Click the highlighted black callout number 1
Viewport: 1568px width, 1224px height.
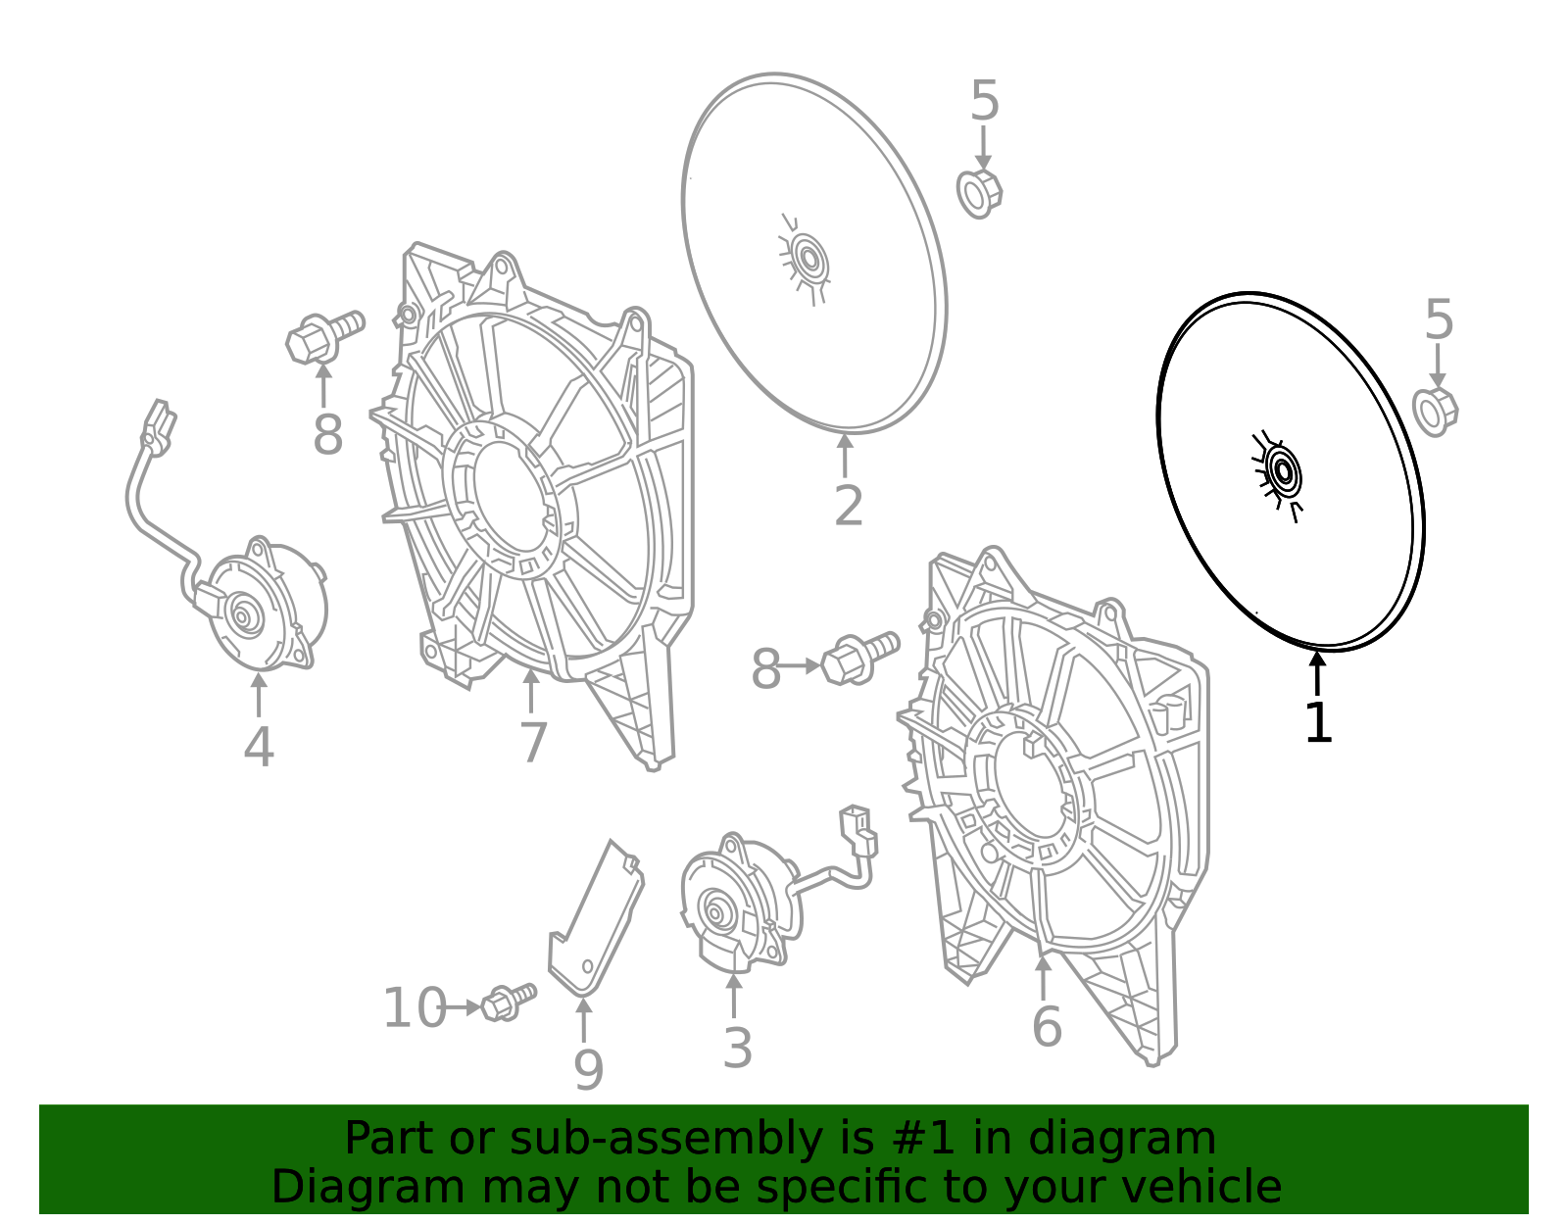point(1318,723)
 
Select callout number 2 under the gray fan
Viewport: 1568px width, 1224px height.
point(848,506)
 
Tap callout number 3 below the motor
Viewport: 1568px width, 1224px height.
point(737,1048)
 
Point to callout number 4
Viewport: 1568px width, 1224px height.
point(258,747)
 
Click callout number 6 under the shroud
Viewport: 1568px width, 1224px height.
point(1047,1026)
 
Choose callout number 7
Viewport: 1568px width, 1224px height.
point(532,742)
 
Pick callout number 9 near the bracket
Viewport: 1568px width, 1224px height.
point(588,1069)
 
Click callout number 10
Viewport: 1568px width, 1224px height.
point(414,1008)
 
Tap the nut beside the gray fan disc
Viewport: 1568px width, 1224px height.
point(979,193)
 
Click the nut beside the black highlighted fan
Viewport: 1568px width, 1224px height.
point(1435,412)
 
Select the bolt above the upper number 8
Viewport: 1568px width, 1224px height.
point(324,336)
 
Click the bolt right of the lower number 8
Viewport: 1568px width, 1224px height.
point(859,658)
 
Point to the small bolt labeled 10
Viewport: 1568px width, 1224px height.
point(508,1002)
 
